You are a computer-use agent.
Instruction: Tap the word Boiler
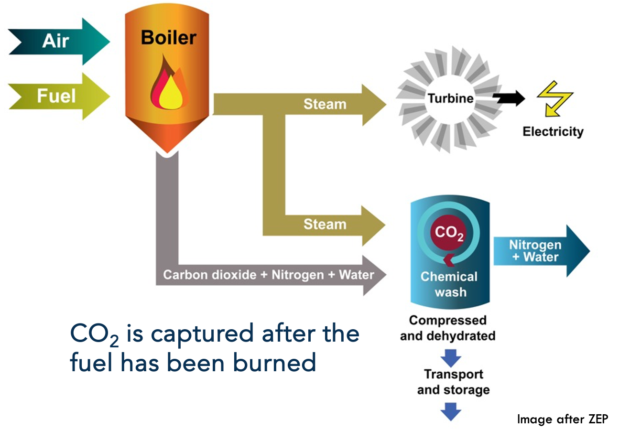tap(168, 38)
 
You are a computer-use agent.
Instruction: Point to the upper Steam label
tap(325, 104)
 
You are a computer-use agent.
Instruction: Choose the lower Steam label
tap(325, 224)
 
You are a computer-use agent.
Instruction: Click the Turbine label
tap(450, 98)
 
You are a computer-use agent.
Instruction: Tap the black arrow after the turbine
tap(508, 98)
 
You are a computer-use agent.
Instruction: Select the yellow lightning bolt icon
tap(554, 98)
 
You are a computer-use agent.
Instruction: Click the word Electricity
tap(553, 132)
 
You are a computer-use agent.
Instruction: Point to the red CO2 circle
tap(449, 233)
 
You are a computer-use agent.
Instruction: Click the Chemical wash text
tap(449, 284)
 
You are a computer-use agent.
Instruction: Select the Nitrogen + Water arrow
tap(540, 251)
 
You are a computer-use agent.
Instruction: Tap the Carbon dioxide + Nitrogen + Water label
tap(268, 275)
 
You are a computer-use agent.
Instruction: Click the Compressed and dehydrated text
tap(447, 328)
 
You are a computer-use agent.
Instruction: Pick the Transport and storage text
tap(453, 382)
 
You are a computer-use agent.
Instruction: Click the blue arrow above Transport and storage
tap(451, 357)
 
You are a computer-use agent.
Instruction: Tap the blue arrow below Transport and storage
tap(451, 410)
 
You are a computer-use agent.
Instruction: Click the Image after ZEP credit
tap(562, 419)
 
